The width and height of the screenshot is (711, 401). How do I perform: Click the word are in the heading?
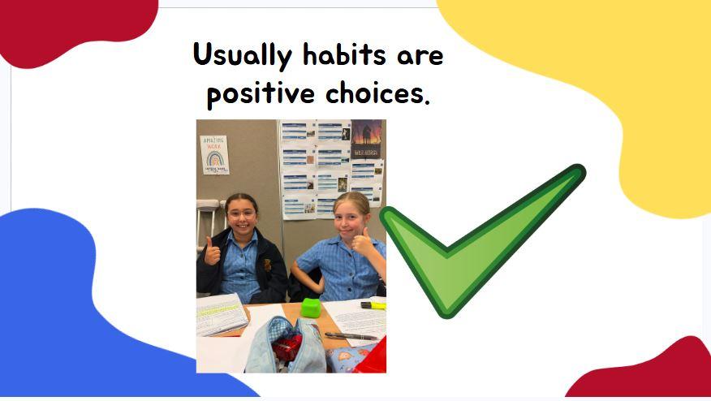tap(420, 57)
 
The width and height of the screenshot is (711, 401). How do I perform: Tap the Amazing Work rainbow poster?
tap(214, 155)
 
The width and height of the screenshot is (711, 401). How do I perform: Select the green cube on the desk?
tap(311, 308)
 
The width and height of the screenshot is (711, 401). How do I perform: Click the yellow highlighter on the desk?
tap(373, 306)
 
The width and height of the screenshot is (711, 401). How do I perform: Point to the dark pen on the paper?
tap(351, 336)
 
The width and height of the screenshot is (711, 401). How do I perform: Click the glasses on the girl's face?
tap(242, 214)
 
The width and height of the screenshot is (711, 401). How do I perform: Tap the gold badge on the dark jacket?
tap(268, 265)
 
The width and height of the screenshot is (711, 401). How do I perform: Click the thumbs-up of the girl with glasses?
tap(211, 252)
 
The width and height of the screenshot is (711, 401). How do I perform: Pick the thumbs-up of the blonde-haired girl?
tap(363, 241)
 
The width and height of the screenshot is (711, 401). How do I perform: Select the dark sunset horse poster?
tap(366, 139)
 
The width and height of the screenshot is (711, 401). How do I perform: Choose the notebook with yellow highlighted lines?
tap(222, 314)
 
